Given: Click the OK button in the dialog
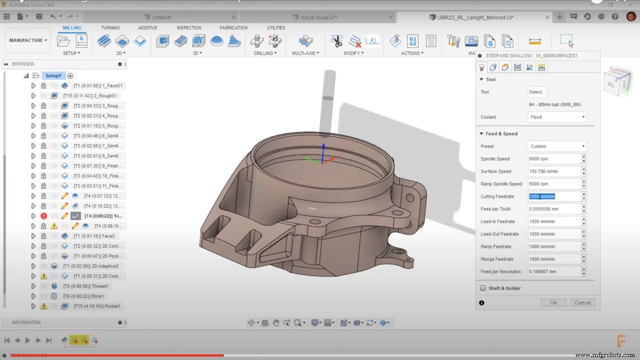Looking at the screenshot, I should click(553, 302).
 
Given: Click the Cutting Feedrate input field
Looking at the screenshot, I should click(554, 196).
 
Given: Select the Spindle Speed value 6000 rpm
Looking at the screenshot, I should click(554, 159).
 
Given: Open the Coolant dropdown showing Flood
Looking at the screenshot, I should click(557, 117).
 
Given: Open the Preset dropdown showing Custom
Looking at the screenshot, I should click(557, 146).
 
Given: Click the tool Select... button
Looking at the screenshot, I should click(537, 92).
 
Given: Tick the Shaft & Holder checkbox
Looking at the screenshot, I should click(483, 288).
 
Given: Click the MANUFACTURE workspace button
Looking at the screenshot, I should click(28, 40).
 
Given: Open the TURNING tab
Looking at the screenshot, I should click(110, 28).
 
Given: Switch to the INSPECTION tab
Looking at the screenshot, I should click(189, 28).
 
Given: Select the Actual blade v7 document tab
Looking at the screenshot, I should click(318, 17).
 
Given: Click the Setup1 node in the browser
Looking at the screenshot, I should click(53, 75).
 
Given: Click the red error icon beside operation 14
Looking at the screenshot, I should click(44, 216).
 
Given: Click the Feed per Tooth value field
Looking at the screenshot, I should click(554, 209).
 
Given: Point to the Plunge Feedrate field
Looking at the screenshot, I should click(554, 259).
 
